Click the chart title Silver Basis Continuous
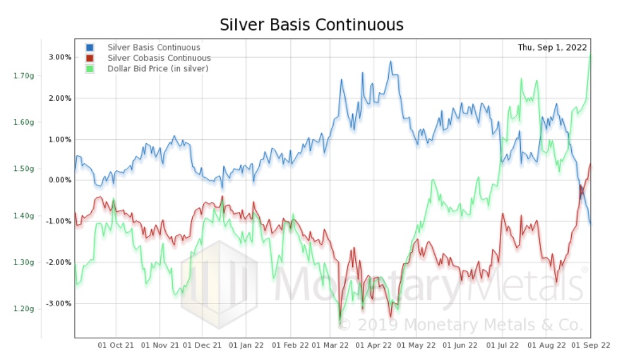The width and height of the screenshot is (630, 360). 311,25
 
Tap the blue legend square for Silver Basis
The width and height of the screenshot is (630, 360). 90,47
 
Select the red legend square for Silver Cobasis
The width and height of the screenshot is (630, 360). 90,58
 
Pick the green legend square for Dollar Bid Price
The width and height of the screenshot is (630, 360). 90,69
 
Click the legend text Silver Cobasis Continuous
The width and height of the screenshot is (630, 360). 159,58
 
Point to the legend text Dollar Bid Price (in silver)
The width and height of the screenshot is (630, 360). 158,69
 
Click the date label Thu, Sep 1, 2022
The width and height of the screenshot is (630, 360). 552,47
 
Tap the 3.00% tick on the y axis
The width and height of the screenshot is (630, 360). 60,57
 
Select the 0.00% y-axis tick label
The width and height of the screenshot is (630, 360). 60,180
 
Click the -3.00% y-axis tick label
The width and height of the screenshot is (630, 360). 59,303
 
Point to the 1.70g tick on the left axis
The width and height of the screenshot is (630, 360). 23,76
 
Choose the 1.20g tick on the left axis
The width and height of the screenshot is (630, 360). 23,308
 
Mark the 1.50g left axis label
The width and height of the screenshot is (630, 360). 23,169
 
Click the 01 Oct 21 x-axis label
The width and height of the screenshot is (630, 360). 116,346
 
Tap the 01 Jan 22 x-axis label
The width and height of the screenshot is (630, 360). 246,346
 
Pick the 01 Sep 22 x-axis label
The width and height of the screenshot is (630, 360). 591,346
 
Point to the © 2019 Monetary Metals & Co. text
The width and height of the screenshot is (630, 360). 461,325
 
